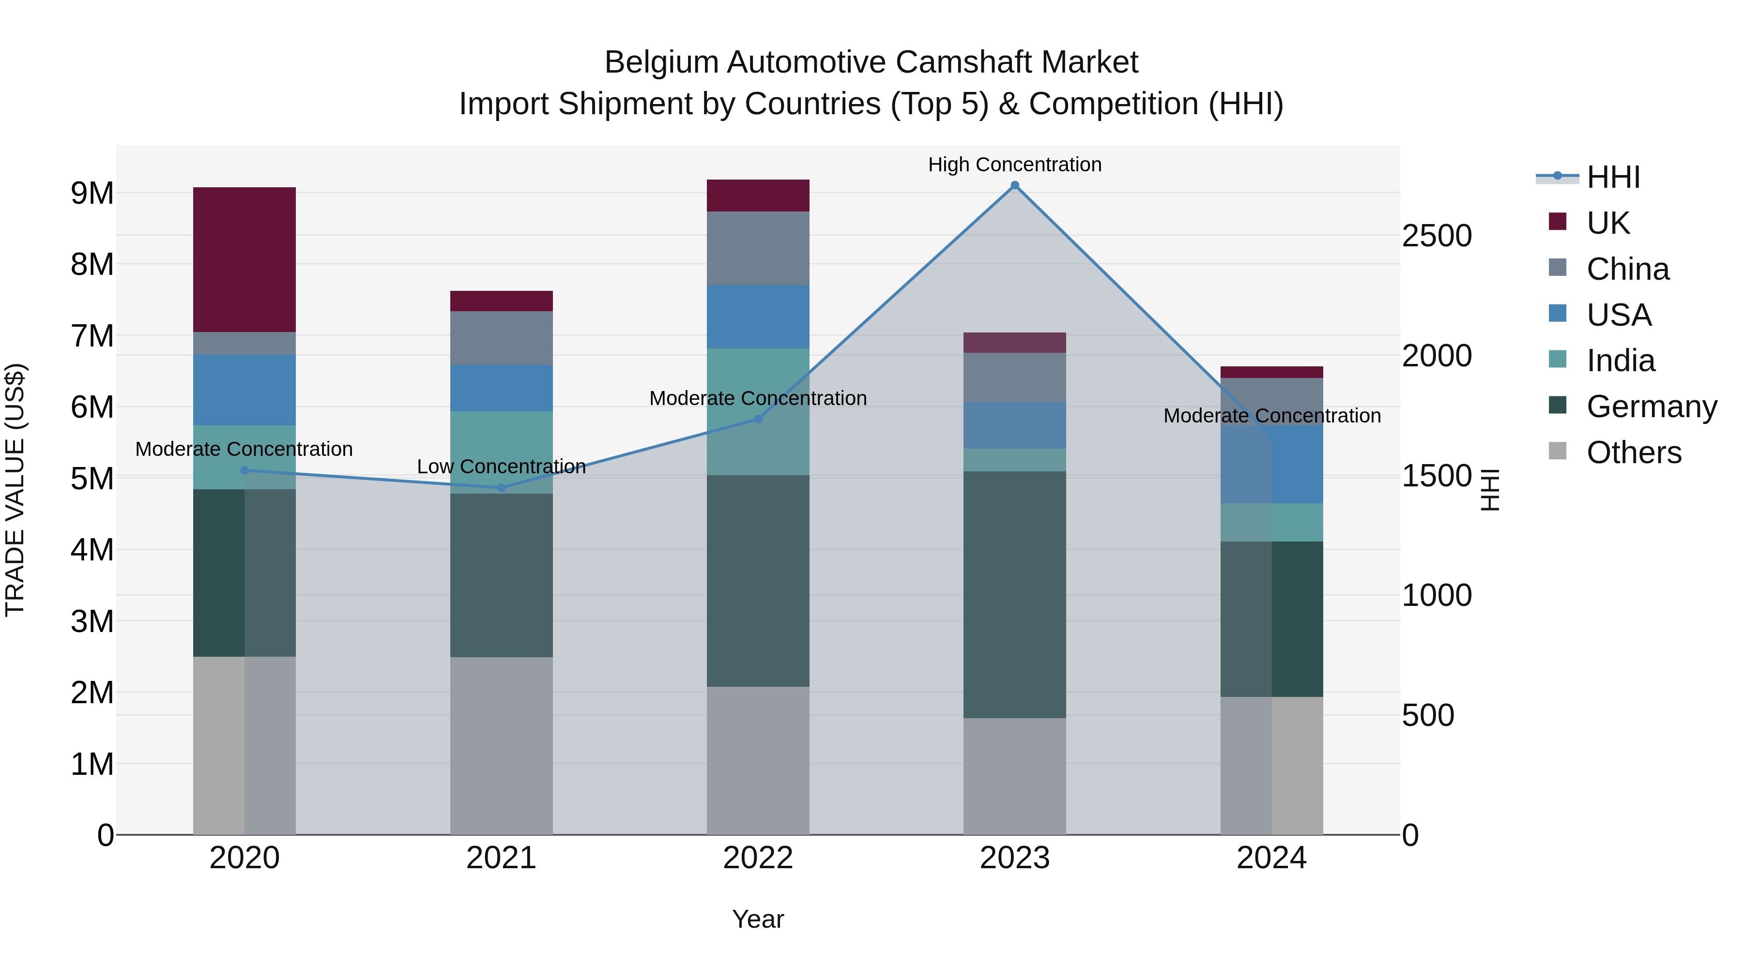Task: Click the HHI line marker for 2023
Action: point(1014,185)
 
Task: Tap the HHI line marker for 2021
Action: point(502,488)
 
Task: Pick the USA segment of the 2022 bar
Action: point(758,317)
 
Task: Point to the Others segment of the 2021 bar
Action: point(502,745)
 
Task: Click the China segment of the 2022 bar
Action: point(758,248)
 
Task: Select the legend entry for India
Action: point(1621,361)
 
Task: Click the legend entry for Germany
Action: point(1651,407)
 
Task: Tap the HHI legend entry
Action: point(1613,177)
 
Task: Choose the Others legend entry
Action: point(1634,452)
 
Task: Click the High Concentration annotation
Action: point(1014,165)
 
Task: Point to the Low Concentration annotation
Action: point(502,467)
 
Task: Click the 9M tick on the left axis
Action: point(92,194)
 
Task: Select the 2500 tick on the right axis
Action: point(1437,236)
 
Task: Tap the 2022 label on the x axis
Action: point(758,858)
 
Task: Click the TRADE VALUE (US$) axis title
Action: point(15,490)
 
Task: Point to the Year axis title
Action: point(758,919)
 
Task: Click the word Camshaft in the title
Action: point(955,62)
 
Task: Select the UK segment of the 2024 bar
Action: point(1271,372)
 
